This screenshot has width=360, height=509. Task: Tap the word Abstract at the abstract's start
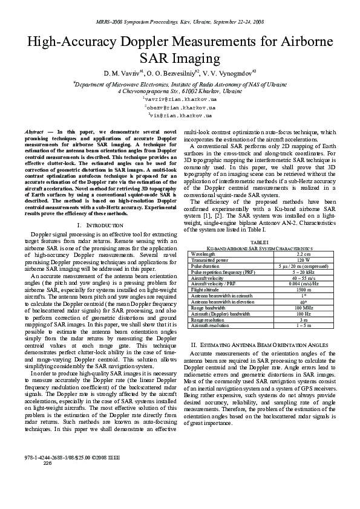click(x=34, y=131)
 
